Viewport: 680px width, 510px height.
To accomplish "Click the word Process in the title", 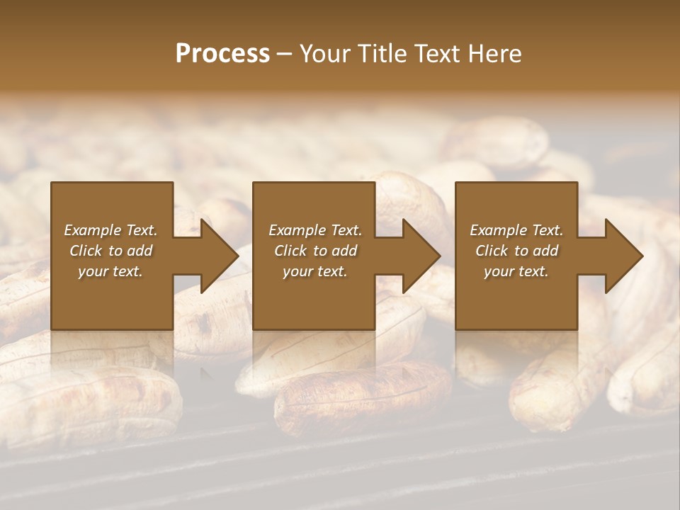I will click(222, 54).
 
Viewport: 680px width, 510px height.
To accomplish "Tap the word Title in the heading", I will click(384, 54).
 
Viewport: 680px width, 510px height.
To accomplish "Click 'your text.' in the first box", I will click(110, 271).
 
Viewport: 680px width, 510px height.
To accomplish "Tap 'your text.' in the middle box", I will click(315, 271).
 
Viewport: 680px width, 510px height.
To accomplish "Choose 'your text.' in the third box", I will click(516, 271).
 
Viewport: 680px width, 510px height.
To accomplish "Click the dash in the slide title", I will click(284, 54).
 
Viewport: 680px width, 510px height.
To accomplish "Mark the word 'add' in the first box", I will click(140, 251).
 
